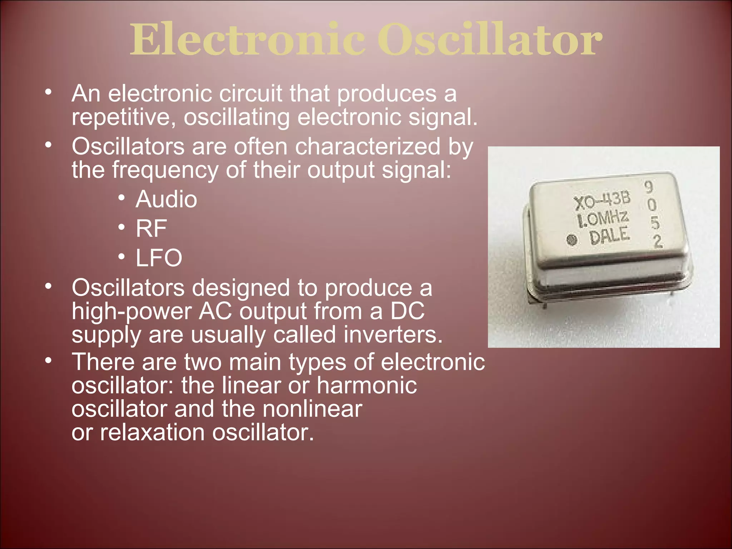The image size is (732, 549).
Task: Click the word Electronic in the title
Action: tap(247, 39)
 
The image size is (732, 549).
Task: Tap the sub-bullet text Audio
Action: tap(166, 199)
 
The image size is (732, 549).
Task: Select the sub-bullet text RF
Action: tap(151, 228)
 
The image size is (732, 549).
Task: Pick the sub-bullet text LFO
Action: tap(159, 258)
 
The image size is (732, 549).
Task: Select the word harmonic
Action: tap(367, 385)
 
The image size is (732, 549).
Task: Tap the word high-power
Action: tap(132, 311)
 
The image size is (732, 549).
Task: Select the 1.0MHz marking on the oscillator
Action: tap(603, 219)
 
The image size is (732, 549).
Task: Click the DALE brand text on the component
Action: tap(609, 236)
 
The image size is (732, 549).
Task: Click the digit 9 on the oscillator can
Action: tap(648, 187)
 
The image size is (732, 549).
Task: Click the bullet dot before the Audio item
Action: tap(122, 198)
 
